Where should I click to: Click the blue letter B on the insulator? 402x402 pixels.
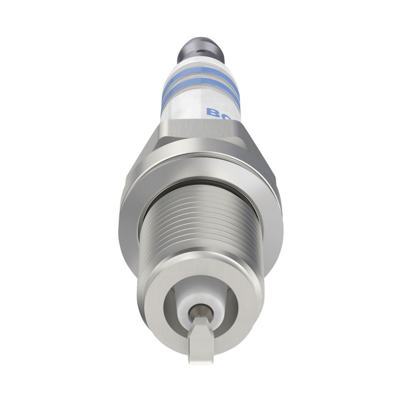click(212, 112)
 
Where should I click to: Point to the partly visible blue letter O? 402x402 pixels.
click(226, 116)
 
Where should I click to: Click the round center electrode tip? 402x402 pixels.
click(200, 313)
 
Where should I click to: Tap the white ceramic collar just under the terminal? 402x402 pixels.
click(200, 66)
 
